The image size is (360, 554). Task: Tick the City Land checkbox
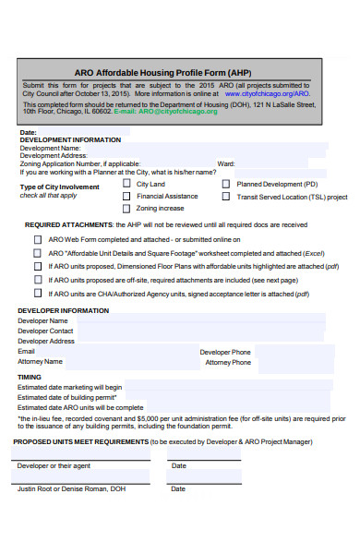click(126, 183)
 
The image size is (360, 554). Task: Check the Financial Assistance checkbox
click(126, 196)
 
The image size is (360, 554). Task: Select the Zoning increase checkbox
click(126, 208)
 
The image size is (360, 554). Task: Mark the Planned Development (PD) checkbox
click(226, 183)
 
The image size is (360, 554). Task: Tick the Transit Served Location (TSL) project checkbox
click(226, 196)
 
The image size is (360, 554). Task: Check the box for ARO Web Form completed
click(38, 238)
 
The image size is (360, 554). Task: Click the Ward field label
click(225, 163)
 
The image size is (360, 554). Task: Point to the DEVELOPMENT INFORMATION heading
click(70, 140)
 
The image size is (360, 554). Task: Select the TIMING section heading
click(30, 377)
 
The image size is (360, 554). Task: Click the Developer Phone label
click(225, 352)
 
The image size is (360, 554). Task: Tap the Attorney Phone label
click(227, 362)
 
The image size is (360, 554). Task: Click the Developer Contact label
click(46, 331)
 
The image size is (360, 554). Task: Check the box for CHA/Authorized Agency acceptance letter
click(38, 293)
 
